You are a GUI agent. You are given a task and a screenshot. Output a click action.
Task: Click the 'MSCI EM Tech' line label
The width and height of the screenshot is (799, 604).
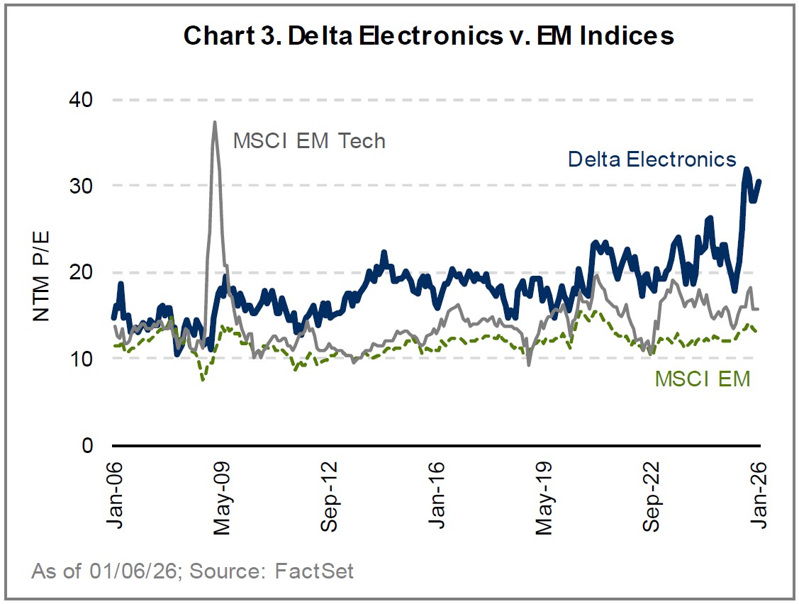(x=309, y=141)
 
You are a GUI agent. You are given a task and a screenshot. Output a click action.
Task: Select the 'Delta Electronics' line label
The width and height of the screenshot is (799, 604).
(x=652, y=159)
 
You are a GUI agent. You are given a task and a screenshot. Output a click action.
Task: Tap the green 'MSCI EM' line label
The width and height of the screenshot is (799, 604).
(x=702, y=379)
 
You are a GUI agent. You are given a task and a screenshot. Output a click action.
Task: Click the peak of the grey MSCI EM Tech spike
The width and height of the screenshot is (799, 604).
(x=214, y=123)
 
